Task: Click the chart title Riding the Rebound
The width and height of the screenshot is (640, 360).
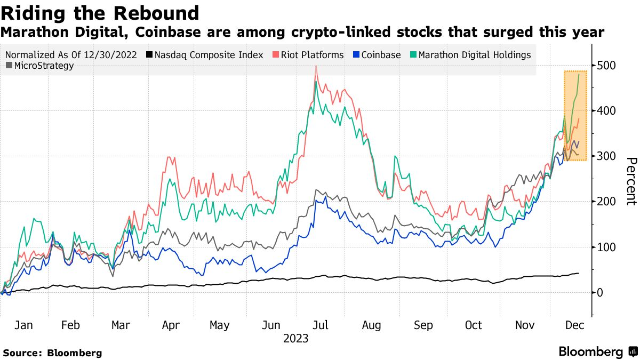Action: (100, 13)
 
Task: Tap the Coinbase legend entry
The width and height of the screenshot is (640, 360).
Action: (377, 55)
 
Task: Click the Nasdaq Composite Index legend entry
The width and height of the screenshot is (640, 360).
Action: (205, 55)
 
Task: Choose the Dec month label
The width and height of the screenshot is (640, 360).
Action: (574, 325)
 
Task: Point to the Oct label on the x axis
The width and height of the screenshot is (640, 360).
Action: (473, 325)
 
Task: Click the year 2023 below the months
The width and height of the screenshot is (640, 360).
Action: (296, 338)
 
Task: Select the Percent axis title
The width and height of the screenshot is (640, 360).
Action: (631, 181)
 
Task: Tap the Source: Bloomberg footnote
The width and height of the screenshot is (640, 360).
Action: (52, 353)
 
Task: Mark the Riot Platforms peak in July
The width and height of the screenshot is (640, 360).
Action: (316, 66)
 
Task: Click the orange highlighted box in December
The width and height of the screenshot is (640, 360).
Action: (575, 115)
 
